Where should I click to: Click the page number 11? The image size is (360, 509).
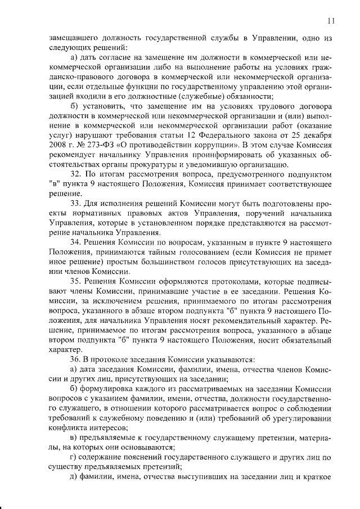pyautogui.click(x=331, y=21)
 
